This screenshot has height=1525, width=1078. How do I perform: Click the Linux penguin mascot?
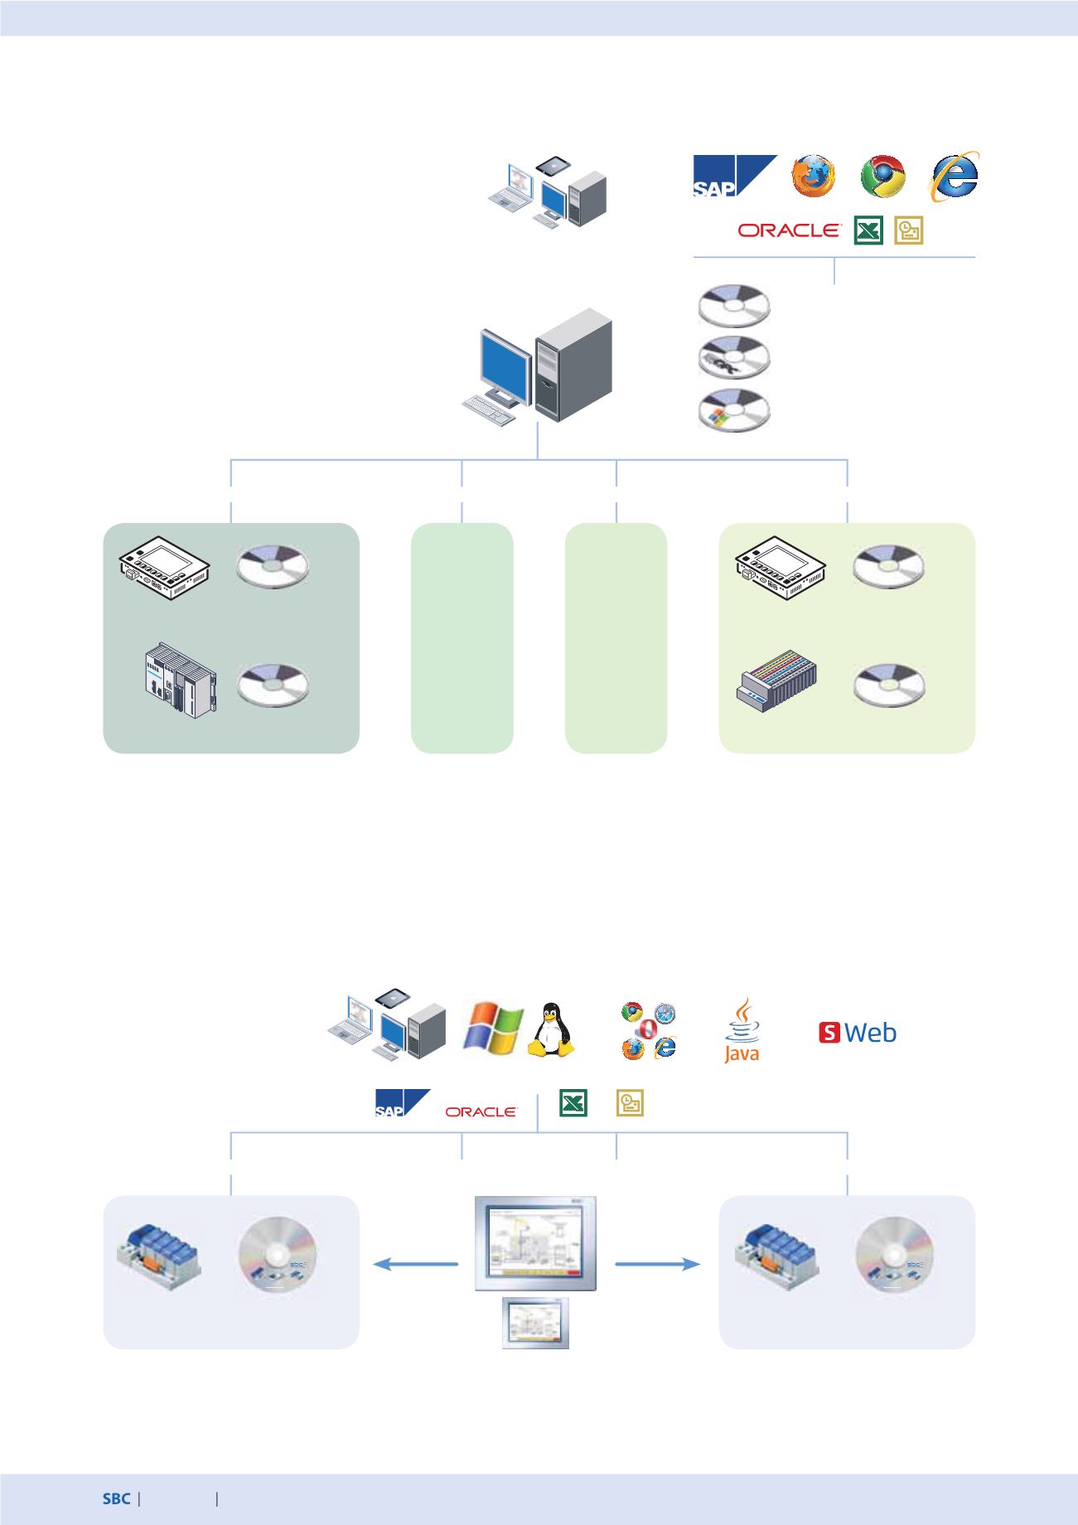(551, 1030)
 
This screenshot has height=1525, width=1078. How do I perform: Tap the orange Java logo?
(742, 1029)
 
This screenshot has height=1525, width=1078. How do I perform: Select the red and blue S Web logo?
(858, 1033)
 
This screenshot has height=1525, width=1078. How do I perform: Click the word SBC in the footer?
(116, 1498)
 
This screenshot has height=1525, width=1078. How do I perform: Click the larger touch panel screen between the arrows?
(536, 1243)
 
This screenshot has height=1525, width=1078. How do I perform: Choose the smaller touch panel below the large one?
(536, 1323)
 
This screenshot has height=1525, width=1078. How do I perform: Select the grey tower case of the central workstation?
(573, 364)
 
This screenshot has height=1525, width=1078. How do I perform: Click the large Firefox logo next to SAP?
(814, 176)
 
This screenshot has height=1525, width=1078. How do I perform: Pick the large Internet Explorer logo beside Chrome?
(955, 177)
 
